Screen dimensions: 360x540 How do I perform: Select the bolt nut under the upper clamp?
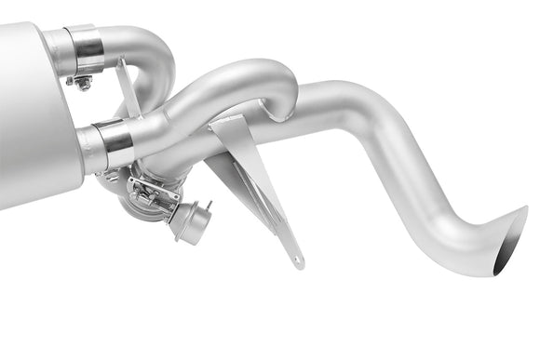[82, 83]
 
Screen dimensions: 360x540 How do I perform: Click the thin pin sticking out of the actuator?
[208, 205]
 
